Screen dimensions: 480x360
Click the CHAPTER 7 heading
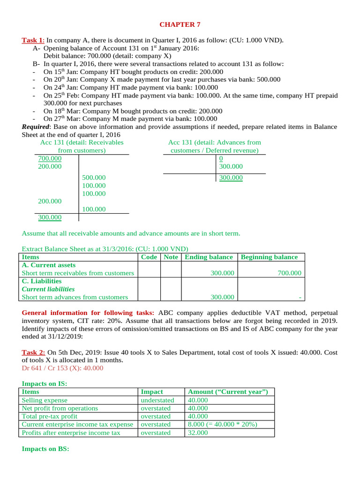(180, 24)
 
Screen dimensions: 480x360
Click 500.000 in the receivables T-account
(94, 178)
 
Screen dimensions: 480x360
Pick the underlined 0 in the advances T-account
(221, 158)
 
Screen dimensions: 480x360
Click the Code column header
(149, 257)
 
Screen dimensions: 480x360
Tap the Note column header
(171, 257)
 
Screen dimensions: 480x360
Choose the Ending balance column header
(209, 257)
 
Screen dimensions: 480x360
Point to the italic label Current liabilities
(48, 289)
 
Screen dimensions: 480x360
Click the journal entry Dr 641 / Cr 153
(62, 368)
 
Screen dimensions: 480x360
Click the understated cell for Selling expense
(157, 400)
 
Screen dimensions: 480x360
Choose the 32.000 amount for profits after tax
(198, 433)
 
